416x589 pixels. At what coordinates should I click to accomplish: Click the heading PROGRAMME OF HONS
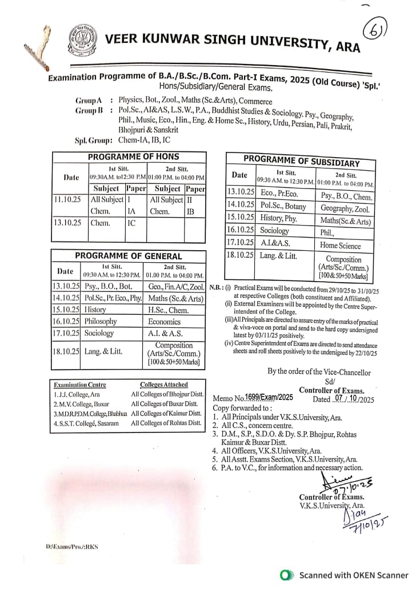133,157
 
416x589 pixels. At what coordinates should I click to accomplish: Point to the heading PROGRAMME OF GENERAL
128,256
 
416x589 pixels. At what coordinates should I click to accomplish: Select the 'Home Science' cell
340,245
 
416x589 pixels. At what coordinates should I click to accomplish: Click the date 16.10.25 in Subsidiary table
239,231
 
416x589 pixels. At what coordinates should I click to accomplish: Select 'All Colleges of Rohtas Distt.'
166,423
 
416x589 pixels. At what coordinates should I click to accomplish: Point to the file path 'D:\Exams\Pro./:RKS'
71,547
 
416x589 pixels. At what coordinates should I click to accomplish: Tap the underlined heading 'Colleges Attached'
163,384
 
